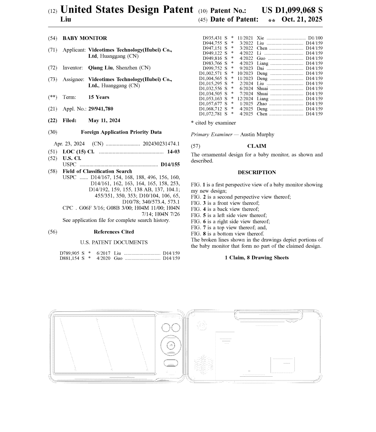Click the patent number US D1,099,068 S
pos(292,10)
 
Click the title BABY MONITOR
pos(85,38)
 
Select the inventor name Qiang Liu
pos(101,68)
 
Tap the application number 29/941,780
pos(101,109)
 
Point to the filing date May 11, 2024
pos(104,121)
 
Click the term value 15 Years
pos(99,97)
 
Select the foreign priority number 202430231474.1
pos(161,144)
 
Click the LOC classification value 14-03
pos(173,152)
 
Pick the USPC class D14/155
pos(170,165)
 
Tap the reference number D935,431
pos(212,38)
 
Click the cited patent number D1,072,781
pos(210,114)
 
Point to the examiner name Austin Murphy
pos(257,135)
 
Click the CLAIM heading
pos(257,146)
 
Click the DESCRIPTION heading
pos(257,173)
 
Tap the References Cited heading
pos(113,232)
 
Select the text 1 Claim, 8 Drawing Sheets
pos(257,258)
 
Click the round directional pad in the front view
pos(171,345)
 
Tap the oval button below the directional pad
pos(171,363)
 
